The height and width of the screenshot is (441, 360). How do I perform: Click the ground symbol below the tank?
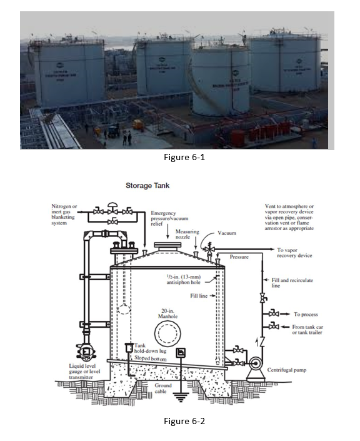[180, 395]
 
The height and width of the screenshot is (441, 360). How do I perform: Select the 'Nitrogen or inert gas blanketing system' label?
[65, 215]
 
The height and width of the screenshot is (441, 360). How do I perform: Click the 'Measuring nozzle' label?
[187, 234]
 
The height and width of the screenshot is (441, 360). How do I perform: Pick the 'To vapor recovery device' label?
[295, 253]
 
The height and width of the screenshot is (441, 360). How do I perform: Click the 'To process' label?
[306, 314]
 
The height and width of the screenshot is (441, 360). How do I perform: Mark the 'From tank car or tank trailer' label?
[313, 329]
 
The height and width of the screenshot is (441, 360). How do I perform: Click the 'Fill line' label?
[199, 295]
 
